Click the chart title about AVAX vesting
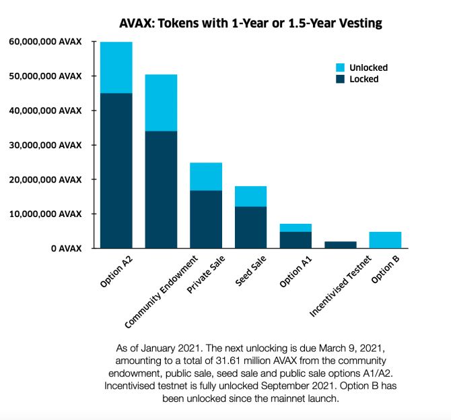(250, 24)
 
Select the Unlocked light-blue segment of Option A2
(116, 67)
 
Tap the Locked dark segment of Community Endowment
(161, 189)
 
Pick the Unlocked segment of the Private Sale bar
(206, 177)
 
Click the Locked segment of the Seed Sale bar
(251, 227)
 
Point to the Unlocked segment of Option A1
(296, 228)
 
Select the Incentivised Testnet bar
(341, 245)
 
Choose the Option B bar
(386, 240)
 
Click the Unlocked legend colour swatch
(340, 67)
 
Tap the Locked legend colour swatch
(340, 79)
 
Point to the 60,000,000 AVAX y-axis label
(46, 42)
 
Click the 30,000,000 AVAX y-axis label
(46, 145)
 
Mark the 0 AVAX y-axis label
(67, 248)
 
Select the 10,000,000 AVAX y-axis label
(46, 214)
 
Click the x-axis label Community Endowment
(162, 292)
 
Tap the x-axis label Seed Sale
(250, 271)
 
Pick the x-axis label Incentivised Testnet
(341, 287)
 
